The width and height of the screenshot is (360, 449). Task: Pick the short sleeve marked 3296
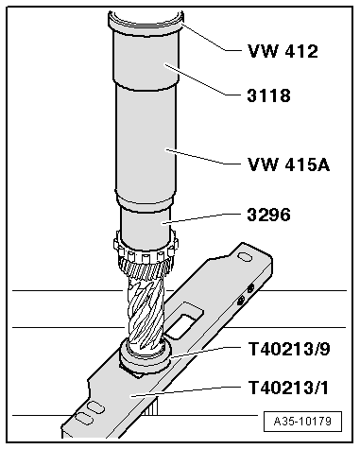coord(144,226)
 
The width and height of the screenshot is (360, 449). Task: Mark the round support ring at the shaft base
coord(144,357)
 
